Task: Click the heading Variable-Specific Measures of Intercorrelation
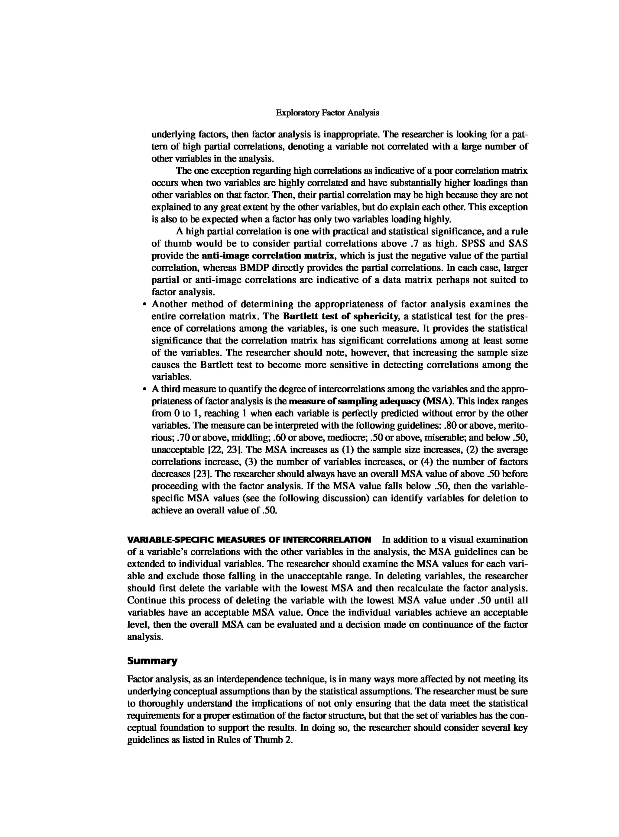coord(249,540)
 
